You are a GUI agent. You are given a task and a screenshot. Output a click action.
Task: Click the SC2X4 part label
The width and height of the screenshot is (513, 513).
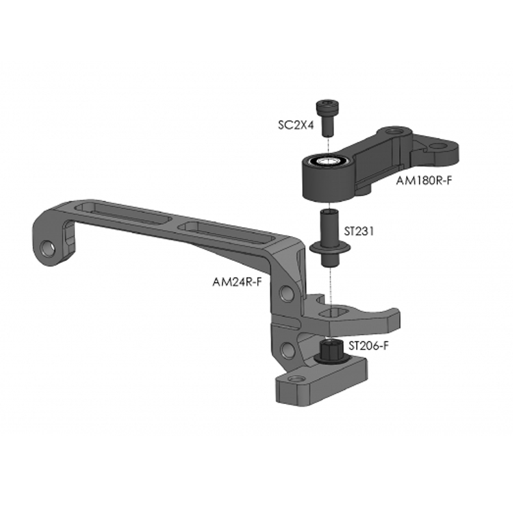[x=296, y=126]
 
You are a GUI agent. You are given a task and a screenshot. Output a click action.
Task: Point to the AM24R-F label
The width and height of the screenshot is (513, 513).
[x=237, y=281]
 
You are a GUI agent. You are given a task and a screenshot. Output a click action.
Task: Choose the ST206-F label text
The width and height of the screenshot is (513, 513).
[x=370, y=346]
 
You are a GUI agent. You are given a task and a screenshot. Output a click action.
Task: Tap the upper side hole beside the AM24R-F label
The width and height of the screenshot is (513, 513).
[x=287, y=293]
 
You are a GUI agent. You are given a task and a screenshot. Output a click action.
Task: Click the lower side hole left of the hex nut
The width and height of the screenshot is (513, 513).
[x=287, y=349]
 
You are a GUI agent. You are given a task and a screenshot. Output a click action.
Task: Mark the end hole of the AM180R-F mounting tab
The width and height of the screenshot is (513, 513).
[x=439, y=147]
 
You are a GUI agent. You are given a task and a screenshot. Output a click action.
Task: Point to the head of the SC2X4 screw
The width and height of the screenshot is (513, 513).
[x=326, y=106]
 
